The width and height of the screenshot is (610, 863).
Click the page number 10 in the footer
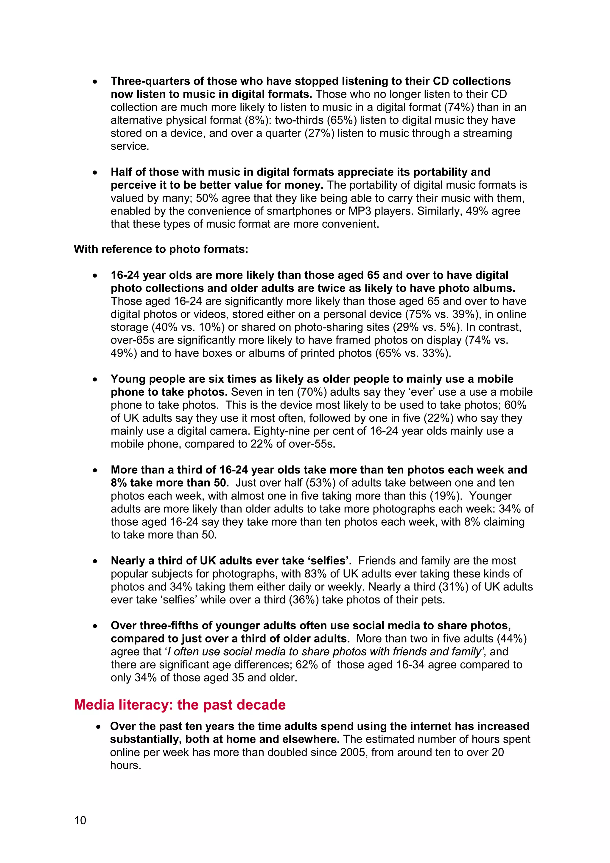point(80,820)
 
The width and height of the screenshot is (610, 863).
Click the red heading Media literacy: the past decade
point(180,705)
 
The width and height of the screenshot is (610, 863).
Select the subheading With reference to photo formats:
point(161,249)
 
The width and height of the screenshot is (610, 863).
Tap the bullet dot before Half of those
point(95,173)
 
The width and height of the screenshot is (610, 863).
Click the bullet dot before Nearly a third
point(95,561)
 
